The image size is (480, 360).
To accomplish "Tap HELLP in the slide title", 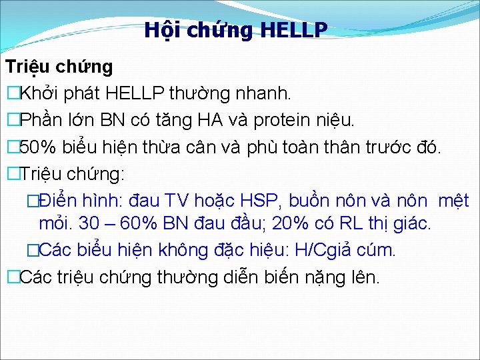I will pyautogui.click(x=293, y=30).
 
